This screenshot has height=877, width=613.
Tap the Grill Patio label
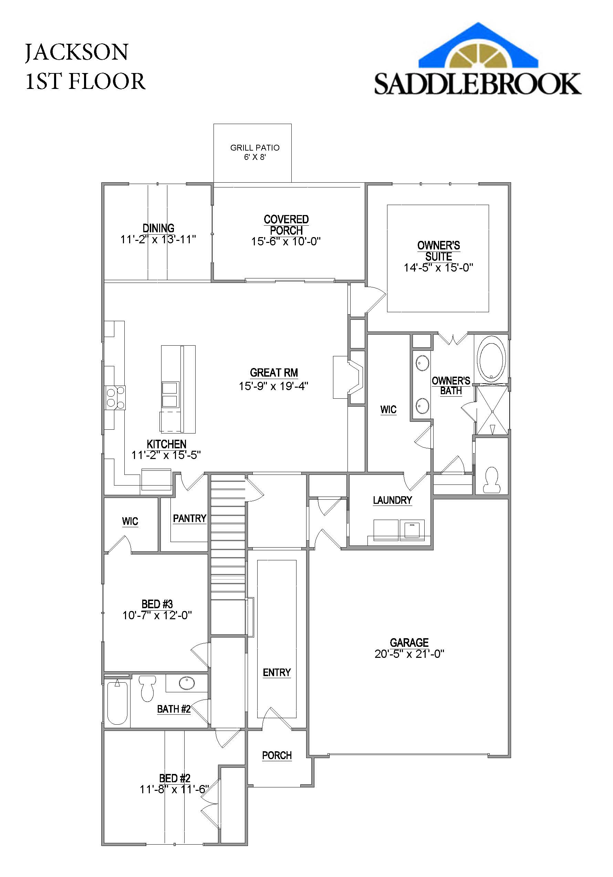coord(254,148)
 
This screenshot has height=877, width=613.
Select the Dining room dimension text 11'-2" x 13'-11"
coord(158,239)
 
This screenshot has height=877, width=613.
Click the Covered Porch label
coord(286,225)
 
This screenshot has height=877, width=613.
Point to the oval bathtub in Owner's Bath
coord(492,359)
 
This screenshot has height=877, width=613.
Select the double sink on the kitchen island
coord(170,395)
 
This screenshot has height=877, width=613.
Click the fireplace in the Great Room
coord(355,377)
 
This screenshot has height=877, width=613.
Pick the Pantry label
coord(189,518)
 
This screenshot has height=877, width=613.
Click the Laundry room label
coord(392,500)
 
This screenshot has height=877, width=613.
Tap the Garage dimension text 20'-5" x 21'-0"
coord(409,654)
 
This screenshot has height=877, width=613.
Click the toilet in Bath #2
coord(147,688)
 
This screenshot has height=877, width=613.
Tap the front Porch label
coord(277,755)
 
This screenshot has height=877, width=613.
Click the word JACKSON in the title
coord(77,52)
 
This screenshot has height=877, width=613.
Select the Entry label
coord(277,672)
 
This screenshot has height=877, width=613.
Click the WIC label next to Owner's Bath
coord(388,409)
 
